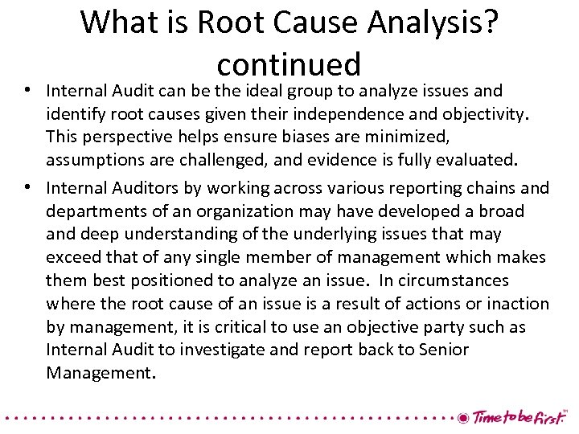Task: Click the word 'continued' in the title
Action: (x=289, y=63)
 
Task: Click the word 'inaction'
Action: (x=515, y=304)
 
